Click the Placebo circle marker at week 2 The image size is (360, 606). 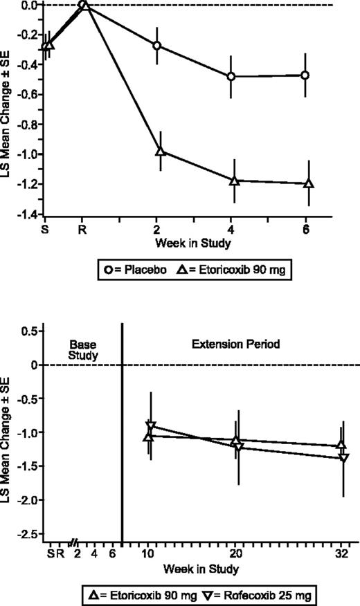(157, 46)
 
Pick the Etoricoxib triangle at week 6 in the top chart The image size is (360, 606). (308, 183)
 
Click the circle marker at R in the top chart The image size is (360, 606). (83, 5)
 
